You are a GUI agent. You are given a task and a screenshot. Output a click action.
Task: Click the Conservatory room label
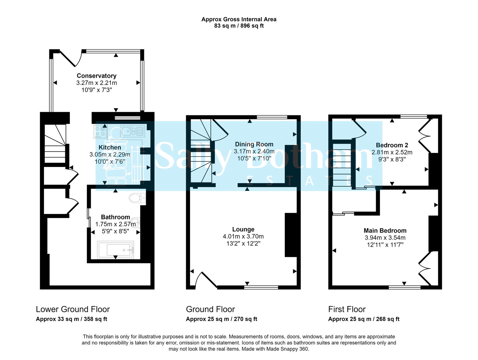pos(96,76)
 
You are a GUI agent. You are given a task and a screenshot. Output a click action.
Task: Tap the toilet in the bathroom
pos(138,198)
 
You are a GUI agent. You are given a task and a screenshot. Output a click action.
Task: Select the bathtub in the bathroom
pos(116,249)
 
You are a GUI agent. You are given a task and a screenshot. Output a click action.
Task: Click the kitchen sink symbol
pos(133,131)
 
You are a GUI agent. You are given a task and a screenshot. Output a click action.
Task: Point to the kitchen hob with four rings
pos(100,132)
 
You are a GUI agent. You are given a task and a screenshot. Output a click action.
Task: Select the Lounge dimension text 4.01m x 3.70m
pos(243,236)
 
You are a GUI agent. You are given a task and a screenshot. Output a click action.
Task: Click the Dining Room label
pos(254,144)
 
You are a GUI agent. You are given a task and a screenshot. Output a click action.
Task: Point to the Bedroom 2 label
pos(392,145)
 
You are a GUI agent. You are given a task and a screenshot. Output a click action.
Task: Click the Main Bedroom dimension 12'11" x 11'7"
pos(385,245)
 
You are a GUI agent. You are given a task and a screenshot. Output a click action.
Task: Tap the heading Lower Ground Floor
pos(73,309)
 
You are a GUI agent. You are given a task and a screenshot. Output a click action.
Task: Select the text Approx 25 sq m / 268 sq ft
pos(364,319)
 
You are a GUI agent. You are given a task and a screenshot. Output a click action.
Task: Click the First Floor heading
pos(347,309)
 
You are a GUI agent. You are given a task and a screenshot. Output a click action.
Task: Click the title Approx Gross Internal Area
pos(239,19)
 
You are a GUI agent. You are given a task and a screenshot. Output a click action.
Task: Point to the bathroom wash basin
pos(136,222)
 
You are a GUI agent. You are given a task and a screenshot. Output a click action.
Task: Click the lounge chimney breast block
pos(291,235)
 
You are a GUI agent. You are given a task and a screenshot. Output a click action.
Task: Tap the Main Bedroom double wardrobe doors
pos(425,268)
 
